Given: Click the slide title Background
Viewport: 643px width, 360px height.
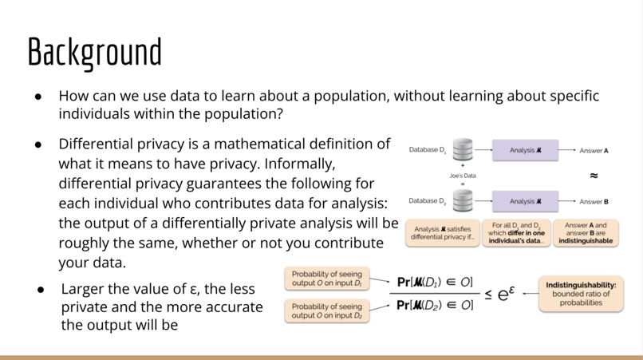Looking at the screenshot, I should coord(94,52).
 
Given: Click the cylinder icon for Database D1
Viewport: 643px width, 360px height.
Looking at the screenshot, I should coord(463,149).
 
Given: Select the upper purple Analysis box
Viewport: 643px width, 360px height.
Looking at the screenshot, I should coord(523,149).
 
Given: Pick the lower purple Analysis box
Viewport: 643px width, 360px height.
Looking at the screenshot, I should coord(523,201).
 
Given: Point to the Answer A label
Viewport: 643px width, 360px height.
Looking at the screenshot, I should coord(594,150).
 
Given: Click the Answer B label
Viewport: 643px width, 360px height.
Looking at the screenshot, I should coord(594,202).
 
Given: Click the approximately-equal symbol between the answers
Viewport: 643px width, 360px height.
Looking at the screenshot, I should coord(594,175).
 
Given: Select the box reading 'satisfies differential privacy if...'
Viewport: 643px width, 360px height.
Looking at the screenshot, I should coord(442,231).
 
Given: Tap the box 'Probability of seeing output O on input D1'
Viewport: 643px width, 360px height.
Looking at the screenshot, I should coord(326,279).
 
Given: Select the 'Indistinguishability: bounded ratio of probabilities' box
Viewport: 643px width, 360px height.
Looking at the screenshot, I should coord(582,293).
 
